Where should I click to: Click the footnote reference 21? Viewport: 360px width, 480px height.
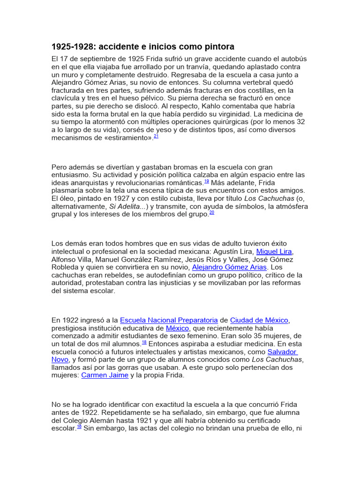156,136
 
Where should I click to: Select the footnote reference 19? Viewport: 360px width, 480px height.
206,181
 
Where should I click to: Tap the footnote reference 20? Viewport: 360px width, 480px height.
211,212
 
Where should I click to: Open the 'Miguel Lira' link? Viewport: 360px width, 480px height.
275,251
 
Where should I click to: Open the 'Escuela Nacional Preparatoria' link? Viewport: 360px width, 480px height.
169,320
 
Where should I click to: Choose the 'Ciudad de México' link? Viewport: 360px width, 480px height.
259,320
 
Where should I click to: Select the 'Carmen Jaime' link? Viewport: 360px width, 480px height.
105,375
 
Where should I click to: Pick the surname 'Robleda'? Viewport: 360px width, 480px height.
67,267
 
